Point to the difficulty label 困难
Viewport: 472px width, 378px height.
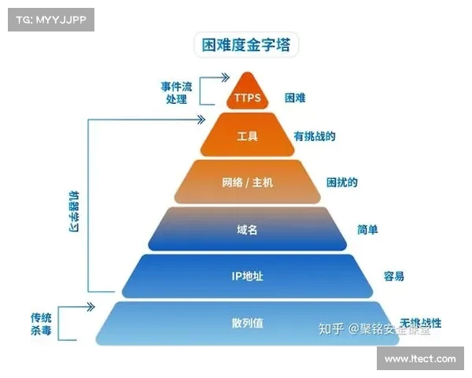click(295, 98)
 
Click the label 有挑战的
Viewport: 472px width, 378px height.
click(315, 136)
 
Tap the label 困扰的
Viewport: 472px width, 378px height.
click(342, 182)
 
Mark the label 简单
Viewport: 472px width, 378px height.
click(367, 229)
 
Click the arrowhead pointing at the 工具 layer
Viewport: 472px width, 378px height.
click(199, 120)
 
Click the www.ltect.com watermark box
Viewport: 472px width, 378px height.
click(420, 358)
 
